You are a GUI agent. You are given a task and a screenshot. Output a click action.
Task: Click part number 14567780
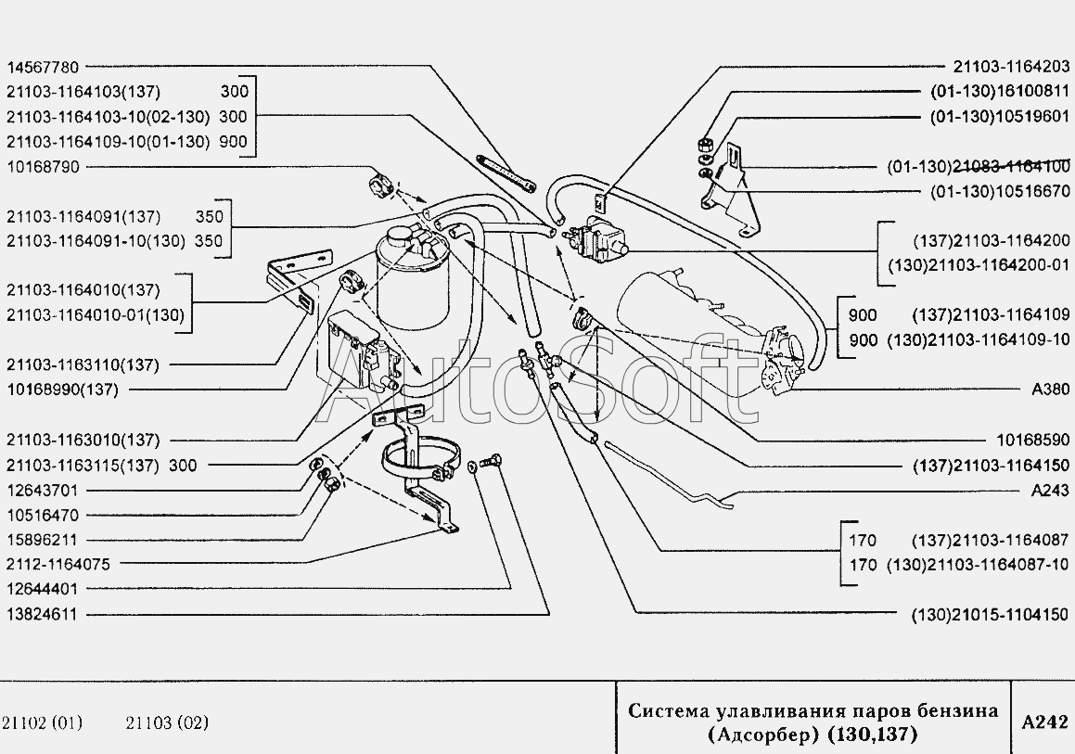(43, 67)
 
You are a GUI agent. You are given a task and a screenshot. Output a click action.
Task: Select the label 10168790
(43, 167)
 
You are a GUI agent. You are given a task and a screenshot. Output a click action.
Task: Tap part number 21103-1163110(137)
(83, 364)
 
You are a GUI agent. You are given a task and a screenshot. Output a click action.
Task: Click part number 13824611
(43, 614)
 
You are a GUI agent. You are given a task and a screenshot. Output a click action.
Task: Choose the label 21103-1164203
(1011, 67)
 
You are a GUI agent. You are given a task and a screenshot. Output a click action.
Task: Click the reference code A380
(1050, 390)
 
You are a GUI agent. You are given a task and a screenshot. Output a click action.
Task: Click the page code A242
(1044, 722)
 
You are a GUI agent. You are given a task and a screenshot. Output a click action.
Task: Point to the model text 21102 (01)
(43, 722)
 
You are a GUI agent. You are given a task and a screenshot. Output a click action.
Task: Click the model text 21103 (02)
(167, 722)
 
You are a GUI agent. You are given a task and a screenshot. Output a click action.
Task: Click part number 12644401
(43, 588)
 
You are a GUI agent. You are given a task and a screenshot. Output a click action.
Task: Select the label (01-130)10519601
(1000, 117)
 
